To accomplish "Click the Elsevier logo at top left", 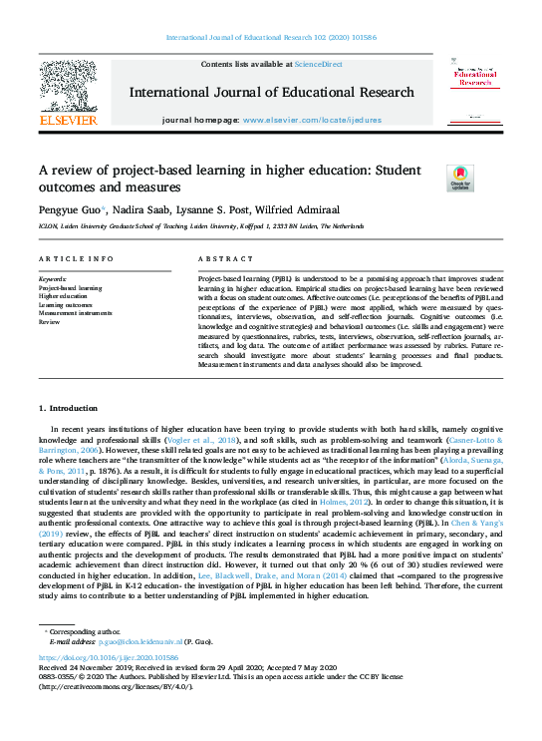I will [x=67, y=96].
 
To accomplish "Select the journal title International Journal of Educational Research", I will [x=271, y=93].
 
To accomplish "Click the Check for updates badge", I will [x=460, y=178].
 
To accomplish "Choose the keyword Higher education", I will [x=64, y=296].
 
